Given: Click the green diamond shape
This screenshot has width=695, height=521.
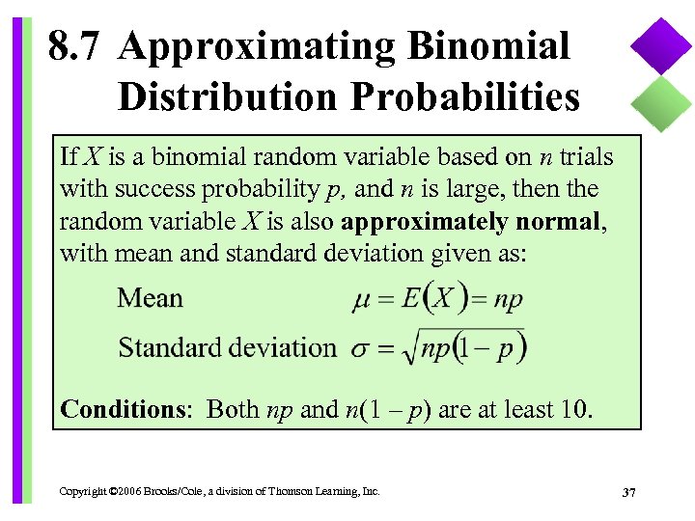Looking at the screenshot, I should pos(662,101).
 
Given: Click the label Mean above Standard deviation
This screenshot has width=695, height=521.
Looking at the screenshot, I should pos(150,297).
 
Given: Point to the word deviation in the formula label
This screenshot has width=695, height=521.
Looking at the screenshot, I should pos(282,347).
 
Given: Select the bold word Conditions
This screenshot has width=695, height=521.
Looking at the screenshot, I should pos(123,409).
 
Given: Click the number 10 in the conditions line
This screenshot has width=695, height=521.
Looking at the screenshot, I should pos(570,409).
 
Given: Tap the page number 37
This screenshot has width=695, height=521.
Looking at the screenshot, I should pos(628,493).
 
